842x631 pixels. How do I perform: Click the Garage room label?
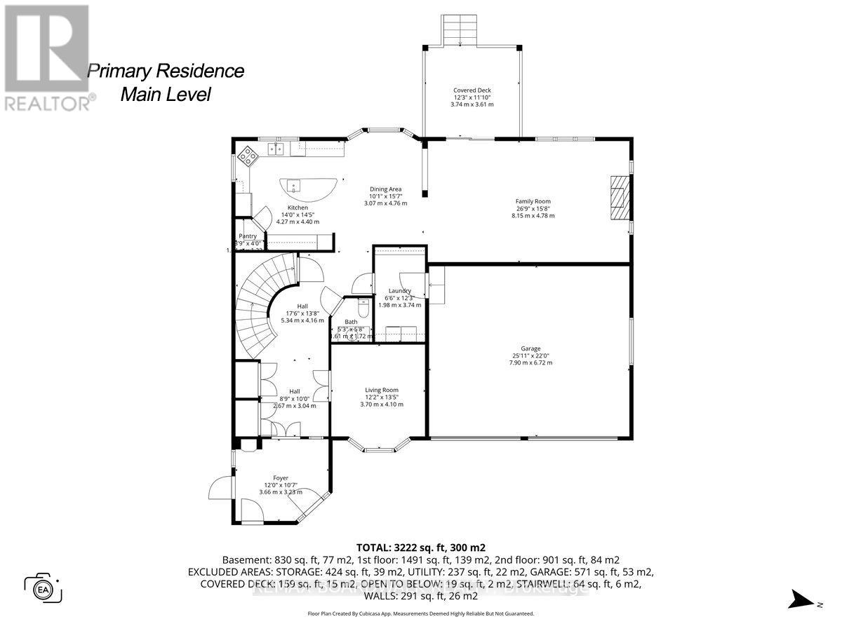(531, 348)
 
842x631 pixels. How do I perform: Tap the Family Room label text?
(533, 201)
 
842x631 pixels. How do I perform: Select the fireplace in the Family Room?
(619, 198)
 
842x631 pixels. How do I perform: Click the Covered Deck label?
(472, 90)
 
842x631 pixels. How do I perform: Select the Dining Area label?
(385, 189)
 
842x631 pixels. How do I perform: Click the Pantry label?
(247, 236)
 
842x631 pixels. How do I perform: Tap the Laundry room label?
(399, 291)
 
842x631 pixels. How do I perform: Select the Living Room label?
(381, 391)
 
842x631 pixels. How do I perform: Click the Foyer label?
(281, 478)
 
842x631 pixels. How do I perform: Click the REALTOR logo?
(46, 56)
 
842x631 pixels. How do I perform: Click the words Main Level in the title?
(166, 95)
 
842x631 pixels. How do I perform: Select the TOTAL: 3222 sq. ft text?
(420, 547)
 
